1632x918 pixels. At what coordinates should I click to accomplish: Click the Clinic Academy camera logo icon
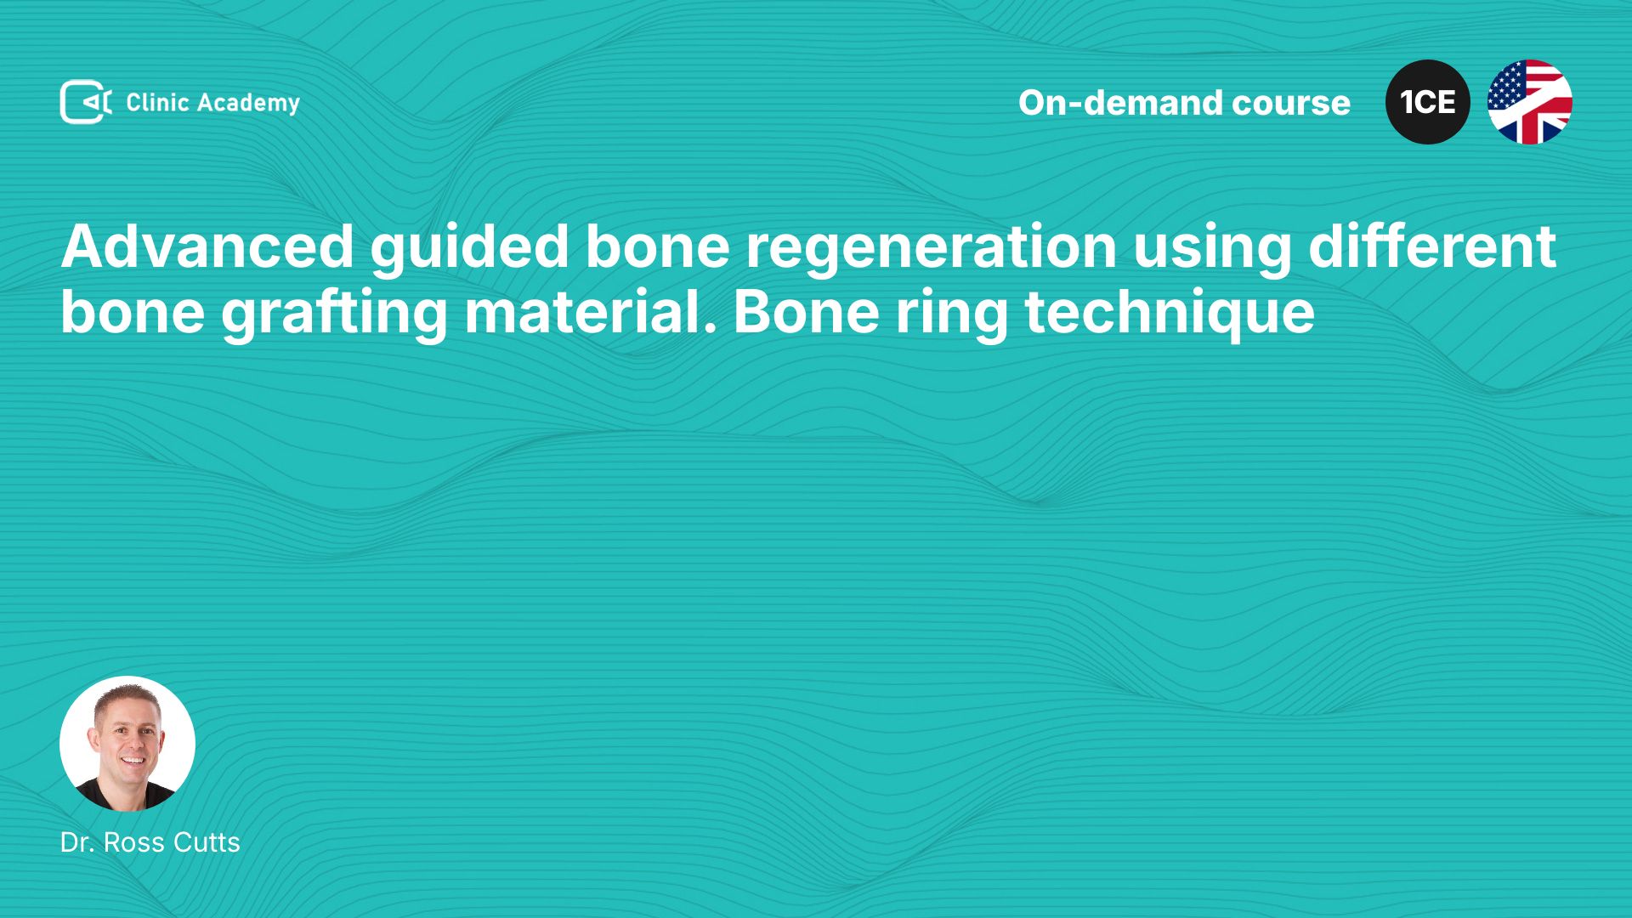click(86, 102)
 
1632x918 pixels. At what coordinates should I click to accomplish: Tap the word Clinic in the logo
click(157, 102)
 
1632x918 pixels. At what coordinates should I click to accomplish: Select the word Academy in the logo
click(249, 104)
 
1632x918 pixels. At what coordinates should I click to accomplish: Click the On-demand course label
click(1184, 103)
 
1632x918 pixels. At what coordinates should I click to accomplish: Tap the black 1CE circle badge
click(1428, 102)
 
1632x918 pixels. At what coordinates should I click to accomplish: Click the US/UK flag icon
click(1530, 102)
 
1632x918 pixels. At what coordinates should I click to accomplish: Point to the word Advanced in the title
click(207, 246)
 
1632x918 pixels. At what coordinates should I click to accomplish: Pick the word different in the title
click(1432, 246)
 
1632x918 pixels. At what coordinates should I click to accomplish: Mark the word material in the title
click(591, 312)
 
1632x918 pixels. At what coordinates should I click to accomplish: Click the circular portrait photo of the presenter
click(127, 744)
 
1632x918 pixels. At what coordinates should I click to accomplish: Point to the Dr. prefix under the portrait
click(77, 842)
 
